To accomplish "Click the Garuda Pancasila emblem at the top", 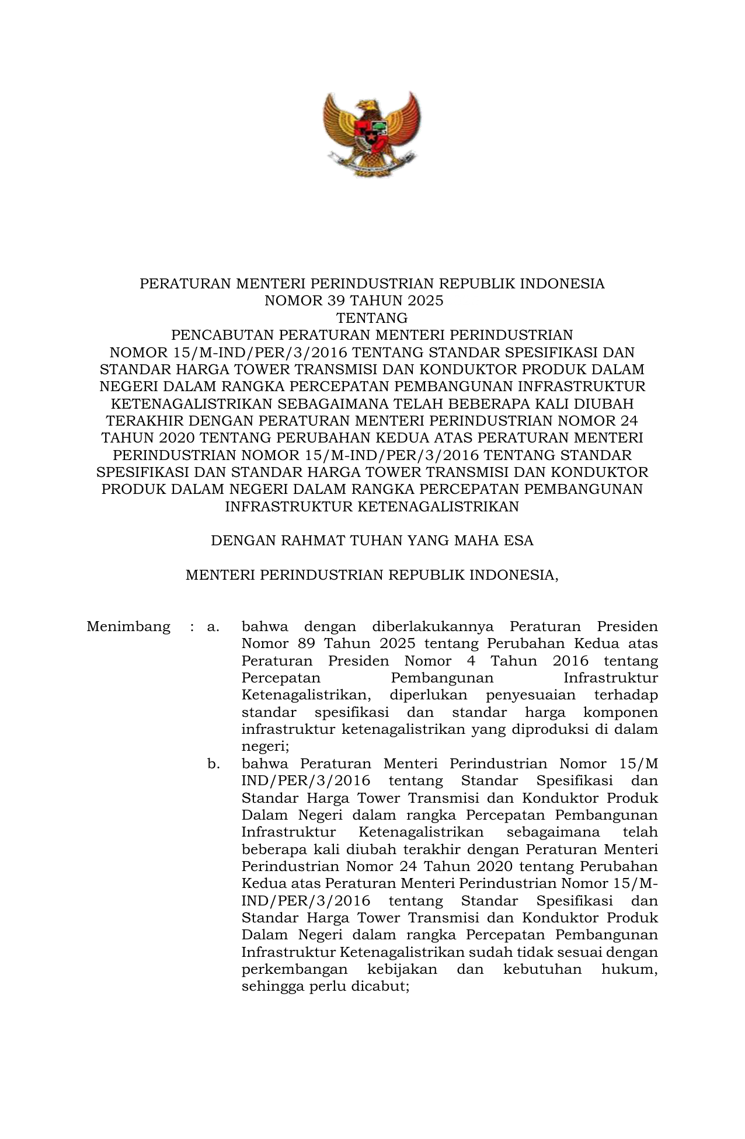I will point(372,134).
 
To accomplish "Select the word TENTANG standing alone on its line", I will point(372,318).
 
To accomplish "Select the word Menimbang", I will point(128,627).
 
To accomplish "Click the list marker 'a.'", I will point(213,627).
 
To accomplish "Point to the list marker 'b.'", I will point(213,764).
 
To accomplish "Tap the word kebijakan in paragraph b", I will point(402,969).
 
